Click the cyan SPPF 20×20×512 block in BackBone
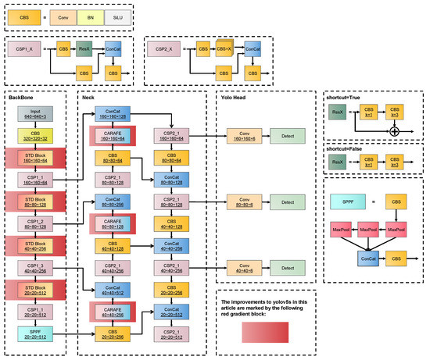pyautogui.click(x=35, y=334)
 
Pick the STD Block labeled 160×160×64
pyautogui.click(x=35, y=159)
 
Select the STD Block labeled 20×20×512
pyautogui.click(x=35, y=290)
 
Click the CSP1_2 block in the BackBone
pyautogui.click(x=35, y=225)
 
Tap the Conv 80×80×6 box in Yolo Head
pyautogui.click(x=240, y=203)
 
